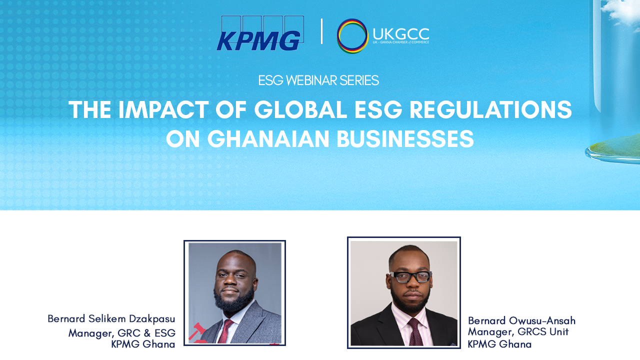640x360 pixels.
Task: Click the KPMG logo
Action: tap(260, 33)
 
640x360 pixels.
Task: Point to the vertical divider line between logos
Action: tap(322, 31)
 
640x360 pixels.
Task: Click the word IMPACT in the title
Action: tap(163, 110)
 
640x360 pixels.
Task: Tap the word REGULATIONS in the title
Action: tap(490, 110)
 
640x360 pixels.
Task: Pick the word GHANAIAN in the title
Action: tap(268, 139)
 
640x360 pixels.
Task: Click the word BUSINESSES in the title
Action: tap(405, 139)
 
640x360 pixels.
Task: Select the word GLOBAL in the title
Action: tap(300, 110)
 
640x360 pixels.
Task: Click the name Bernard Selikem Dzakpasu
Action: tap(111, 319)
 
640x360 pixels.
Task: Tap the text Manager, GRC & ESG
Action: tap(122, 333)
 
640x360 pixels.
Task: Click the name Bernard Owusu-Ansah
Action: tap(521, 320)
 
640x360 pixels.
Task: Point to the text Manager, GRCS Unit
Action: tap(518, 332)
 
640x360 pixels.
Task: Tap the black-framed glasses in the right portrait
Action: tap(410, 277)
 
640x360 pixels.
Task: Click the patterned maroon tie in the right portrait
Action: tap(415, 332)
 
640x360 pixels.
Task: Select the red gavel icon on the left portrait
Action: tap(197, 332)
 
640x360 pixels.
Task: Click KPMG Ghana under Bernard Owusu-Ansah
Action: tap(499, 344)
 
